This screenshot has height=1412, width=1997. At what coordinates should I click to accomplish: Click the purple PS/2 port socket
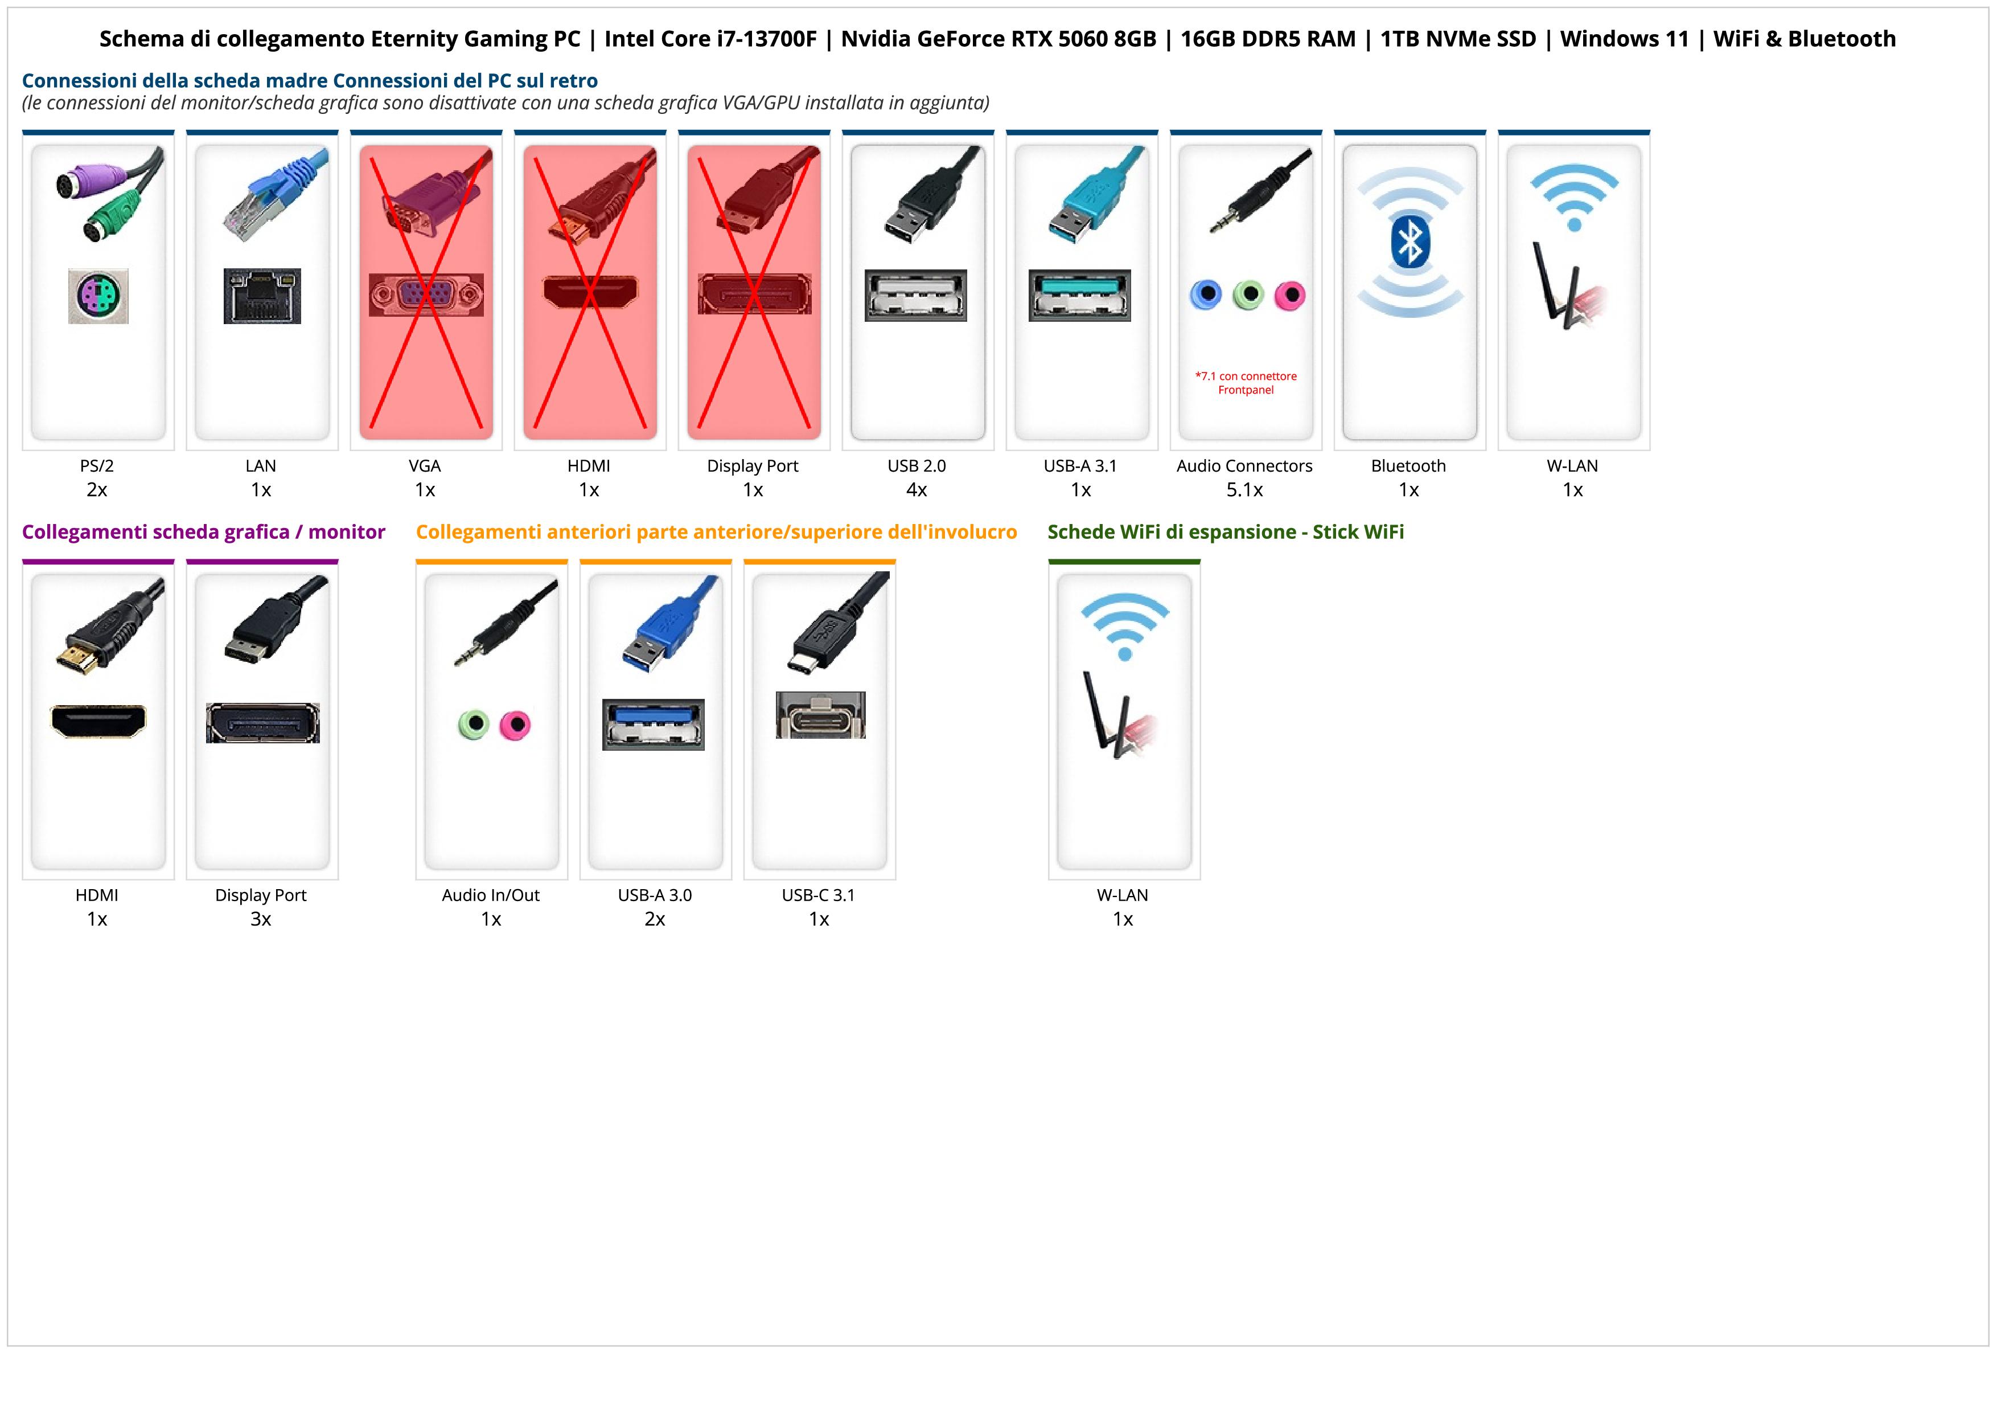tap(98, 296)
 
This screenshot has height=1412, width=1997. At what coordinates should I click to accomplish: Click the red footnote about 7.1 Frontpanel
tap(1246, 383)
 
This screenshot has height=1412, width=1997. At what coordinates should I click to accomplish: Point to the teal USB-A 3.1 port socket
tap(1079, 295)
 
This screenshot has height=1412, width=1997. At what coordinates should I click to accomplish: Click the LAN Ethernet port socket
tap(262, 296)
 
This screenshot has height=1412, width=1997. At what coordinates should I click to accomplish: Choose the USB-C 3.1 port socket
tap(820, 715)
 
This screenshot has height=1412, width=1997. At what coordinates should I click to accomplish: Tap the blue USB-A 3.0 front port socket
tap(653, 724)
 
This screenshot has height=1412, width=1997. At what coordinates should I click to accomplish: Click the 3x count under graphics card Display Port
tap(261, 919)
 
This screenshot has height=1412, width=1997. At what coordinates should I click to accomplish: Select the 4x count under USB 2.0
tap(917, 490)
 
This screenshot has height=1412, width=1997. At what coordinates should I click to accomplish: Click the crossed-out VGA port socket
tap(425, 295)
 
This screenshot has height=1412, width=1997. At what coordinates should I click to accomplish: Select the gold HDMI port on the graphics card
tap(98, 721)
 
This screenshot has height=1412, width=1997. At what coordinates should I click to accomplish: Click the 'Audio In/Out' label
tap(491, 895)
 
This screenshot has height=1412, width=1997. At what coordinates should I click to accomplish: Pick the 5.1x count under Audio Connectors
tap(1244, 490)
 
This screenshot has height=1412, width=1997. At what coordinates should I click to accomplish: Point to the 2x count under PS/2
tap(97, 490)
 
